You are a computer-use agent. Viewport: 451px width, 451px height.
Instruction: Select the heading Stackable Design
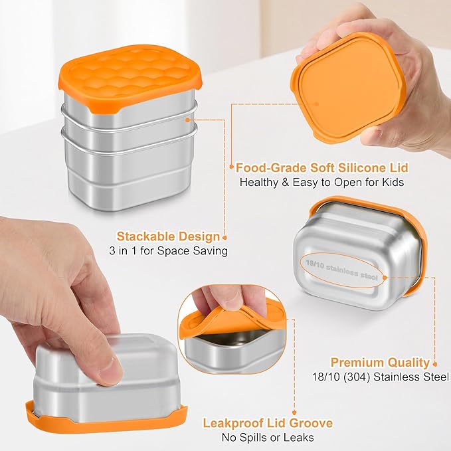coord(168,236)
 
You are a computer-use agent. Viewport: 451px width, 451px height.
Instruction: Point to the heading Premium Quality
coord(380,363)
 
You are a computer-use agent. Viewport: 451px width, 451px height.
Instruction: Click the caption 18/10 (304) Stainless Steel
coord(380,377)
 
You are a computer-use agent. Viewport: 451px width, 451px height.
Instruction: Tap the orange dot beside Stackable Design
coord(226,236)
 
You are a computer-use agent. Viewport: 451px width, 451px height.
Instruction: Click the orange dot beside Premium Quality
coord(435,363)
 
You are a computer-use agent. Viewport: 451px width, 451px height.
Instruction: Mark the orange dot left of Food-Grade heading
coord(230,167)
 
